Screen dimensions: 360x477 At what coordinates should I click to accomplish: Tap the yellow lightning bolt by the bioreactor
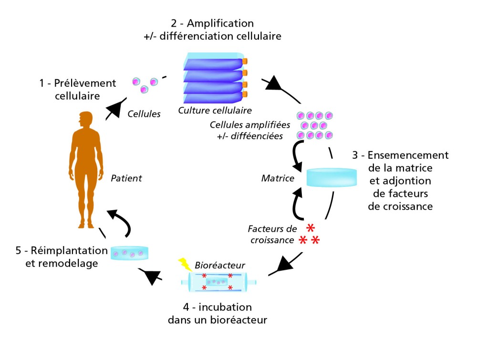tap(183, 264)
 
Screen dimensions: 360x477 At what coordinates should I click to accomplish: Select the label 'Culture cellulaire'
tap(215, 111)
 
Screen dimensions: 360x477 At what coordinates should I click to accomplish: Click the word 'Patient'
tap(126, 178)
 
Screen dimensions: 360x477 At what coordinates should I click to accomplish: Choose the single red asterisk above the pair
tap(311, 227)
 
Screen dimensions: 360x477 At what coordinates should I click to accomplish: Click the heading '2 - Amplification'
tap(212, 23)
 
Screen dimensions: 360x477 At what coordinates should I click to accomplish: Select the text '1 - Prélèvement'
tap(78, 83)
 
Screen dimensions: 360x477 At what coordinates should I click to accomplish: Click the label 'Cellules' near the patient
tap(144, 114)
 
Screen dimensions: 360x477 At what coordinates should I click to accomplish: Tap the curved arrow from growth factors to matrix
tap(296, 203)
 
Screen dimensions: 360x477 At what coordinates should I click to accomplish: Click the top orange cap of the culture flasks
tap(245, 62)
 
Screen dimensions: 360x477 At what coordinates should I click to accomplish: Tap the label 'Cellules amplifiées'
tap(243, 124)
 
